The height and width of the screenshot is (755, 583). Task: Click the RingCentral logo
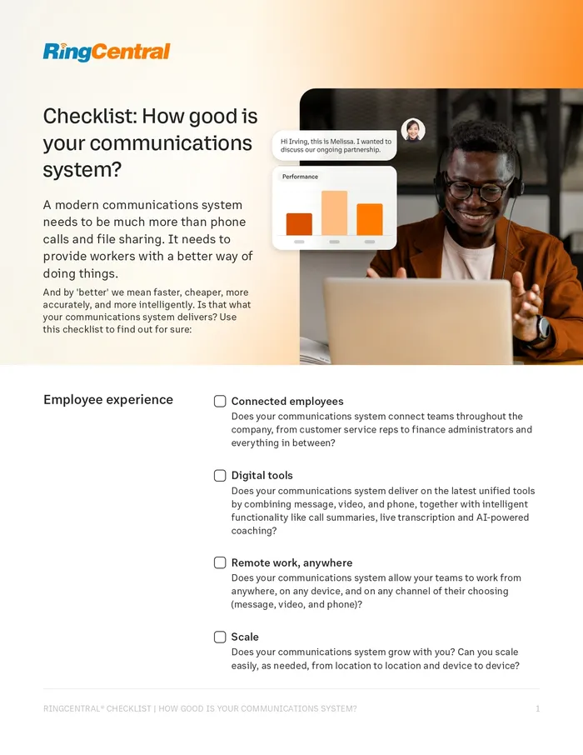pos(107,52)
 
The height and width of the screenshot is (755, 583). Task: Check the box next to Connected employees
pos(220,401)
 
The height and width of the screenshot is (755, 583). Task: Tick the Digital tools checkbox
pos(220,475)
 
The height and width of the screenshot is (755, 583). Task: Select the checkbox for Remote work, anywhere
pos(220,562)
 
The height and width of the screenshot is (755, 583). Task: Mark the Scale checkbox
pos(220,637)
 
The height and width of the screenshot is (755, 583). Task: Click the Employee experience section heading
pos(107,400)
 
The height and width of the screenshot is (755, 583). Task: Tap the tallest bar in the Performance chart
pos(334,213)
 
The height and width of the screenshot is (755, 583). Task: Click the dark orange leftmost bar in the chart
pos(299,224)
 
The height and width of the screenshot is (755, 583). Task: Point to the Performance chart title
pos(300,177)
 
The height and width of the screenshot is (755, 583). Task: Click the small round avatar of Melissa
pos(412,130)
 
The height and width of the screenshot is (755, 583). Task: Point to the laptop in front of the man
pos(417,321)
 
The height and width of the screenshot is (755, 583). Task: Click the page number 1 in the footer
pos(537,708)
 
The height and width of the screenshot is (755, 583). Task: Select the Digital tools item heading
pos(262,475)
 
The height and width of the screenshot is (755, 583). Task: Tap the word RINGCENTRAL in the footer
pos(76,708)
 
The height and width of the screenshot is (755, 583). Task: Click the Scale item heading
pos(245,637)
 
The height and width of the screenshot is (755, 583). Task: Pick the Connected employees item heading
pos(287,401)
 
